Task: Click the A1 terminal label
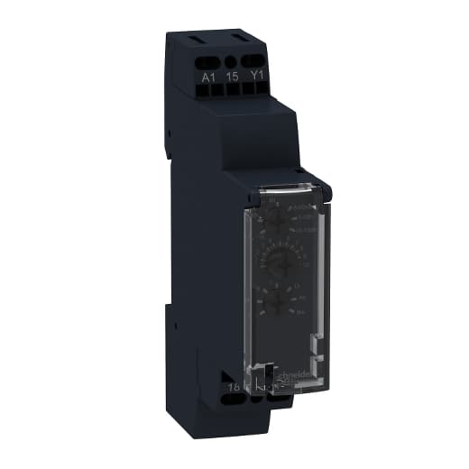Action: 208,78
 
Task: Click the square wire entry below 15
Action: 233,93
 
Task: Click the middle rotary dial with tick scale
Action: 271,262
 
